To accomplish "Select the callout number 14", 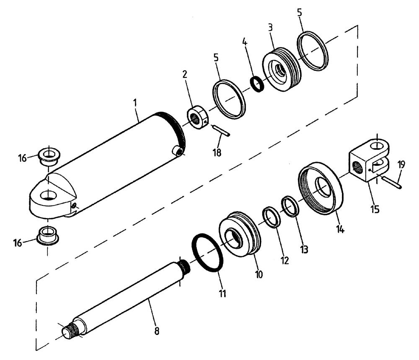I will (x=340, y=229).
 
